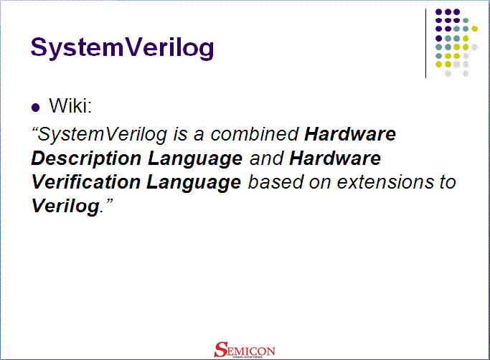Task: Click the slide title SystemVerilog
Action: (x=123, y=47)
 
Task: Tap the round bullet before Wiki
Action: (x=36, y=108)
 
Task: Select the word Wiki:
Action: (x=70, y=107)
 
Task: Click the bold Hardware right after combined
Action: (x=350, y=134)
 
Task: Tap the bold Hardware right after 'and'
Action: (x=335, y=158)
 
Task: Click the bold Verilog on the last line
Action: (x=63, y=207)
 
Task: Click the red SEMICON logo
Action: (x=244, y=349)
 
